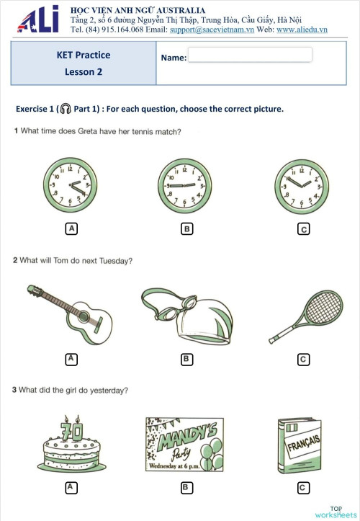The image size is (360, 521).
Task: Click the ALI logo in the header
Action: [37, 19]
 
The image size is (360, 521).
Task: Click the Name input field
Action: [250, 55]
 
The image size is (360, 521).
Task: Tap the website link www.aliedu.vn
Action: [302, 30]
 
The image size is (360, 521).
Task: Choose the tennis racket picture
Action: [302, 315]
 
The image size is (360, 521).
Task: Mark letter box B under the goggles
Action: [186, 358]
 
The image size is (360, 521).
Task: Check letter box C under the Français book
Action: [303, 488]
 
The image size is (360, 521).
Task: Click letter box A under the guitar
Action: [71, 358]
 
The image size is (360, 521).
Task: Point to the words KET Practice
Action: [84, 55]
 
